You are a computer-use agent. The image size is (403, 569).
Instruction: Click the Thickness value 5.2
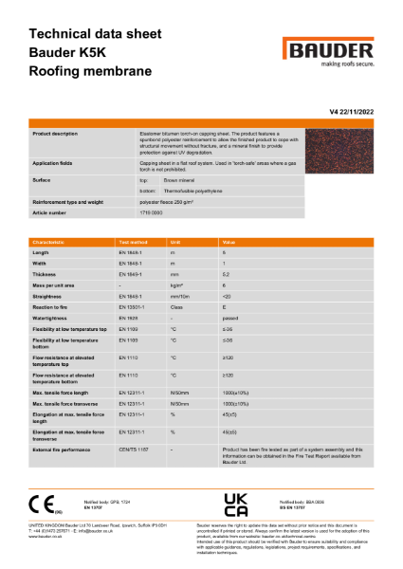click(225, 273)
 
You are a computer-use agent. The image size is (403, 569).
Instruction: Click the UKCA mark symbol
click(235, 503)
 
